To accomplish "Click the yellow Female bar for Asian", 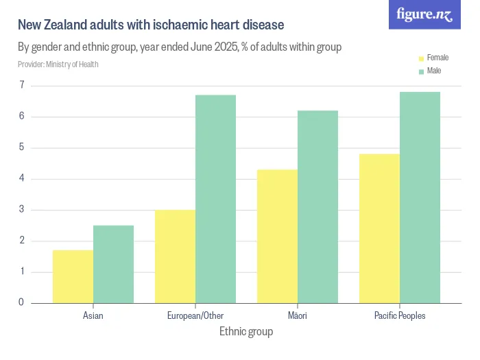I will tap(73, 276).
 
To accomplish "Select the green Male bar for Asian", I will tap(113, 264).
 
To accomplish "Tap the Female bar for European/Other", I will tap(175, 256).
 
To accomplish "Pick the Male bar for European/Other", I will tap(215, 199).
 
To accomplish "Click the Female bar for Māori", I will tap(277, 236).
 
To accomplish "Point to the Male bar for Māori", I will tap(317, 206).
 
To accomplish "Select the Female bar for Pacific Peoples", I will tap(379, 228).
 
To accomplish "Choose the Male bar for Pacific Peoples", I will tap(420, 197).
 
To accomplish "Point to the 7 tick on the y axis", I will tap(22, 85).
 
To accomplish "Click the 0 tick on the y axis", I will tap(22, 302).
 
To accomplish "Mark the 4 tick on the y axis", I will tap(22, 178).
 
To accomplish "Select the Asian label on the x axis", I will tap(93, 316).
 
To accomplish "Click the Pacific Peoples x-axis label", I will tap(400, 316).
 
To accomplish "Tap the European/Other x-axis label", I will tap(195, 316).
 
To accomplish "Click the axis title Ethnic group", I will tap(246, 332).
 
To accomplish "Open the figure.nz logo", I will tap(424, 14).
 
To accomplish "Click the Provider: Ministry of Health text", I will tap(58, 64).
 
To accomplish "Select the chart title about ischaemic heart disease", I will tap(151, 25).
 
